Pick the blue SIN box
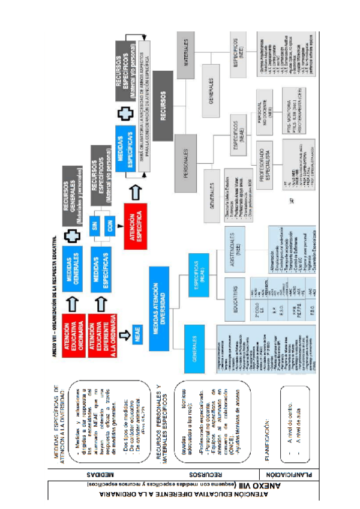coord(94,228)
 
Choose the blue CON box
coord(110,228)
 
